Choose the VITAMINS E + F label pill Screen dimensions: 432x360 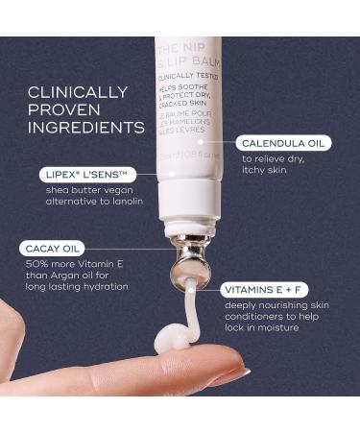coord(267,288)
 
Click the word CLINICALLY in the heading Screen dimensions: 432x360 coord(77,92)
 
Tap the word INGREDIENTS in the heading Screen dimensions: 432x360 coord(85,127)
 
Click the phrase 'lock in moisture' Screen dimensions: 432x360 coord(265,328)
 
